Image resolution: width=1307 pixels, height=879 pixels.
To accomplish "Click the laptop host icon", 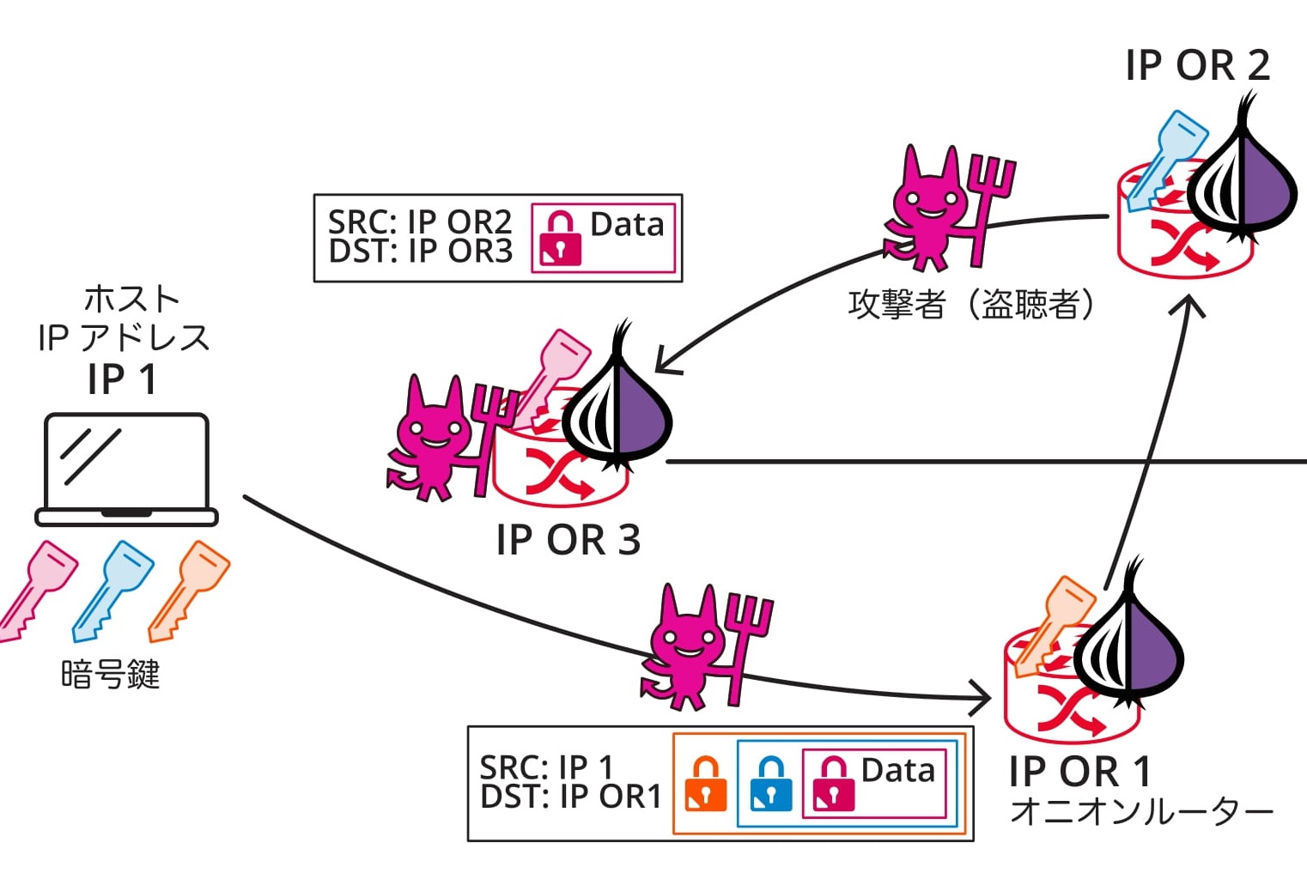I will pyautogui.click(x=126, y=469).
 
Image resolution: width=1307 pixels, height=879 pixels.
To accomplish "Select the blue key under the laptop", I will pyautogui.click(x=113, y=590).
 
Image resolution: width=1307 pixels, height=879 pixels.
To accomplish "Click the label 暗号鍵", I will pyautogui.click(x=111, y=675).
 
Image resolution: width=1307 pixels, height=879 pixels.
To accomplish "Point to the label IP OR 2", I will pyautogui.click(x=1197, y=65).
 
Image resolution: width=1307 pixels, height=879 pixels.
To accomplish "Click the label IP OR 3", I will pyautogui.click(x=568, y=540).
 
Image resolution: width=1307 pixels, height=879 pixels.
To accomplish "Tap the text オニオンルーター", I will pyautogui.click(x=1141, y=811).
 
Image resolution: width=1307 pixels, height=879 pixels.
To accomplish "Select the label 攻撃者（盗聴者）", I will pyautogui.click(x=971, y=304).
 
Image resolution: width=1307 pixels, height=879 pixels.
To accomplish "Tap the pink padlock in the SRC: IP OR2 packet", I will pyautogui.click(x=560, y=238).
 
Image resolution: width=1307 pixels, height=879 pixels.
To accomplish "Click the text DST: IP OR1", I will pyautogui.click(x=570, y=797).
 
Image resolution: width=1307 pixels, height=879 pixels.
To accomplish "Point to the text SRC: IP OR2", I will pyautogui.click(x=420, y=222).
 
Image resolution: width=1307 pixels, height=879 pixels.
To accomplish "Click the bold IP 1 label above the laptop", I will pyautogui.click(x=123, y=379).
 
